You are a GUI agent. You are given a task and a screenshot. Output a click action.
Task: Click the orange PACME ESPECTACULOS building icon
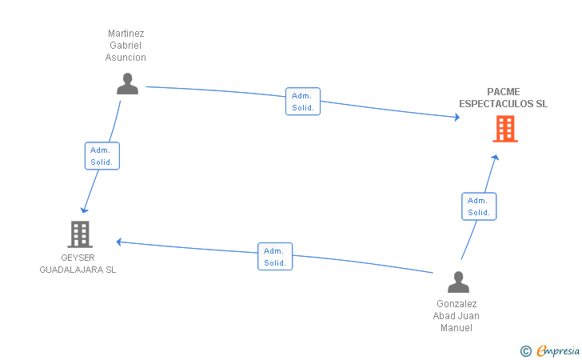(x=505, y=129)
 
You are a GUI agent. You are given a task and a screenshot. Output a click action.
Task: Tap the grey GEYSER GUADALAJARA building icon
(x=80, y=234)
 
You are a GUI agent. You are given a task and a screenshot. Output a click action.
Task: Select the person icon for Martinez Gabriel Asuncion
(x=127, y=83)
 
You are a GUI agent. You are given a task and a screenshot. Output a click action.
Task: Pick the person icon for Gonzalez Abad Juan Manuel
(x=458, y=282)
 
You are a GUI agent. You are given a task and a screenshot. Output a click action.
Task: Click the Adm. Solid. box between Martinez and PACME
(x=303, y=102)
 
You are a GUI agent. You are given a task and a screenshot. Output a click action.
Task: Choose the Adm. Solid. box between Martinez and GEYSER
(x=102, y=156)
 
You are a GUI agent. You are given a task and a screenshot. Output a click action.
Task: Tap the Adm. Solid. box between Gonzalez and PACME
(x=479, y=206)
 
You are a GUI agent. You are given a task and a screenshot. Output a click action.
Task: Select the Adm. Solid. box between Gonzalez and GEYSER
(x=275, y=257)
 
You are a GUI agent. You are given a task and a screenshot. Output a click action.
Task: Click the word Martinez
(x=126, y=34)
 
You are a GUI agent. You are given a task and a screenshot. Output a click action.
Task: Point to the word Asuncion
(x=126, y=58)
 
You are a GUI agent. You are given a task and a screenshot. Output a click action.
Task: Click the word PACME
(x=504, y=92)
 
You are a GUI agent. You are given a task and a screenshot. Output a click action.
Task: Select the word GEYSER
(x=78, y=258)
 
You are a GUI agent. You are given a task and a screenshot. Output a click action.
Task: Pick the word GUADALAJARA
(x=71, y=270)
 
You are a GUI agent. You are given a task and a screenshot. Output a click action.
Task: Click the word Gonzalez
(x=456, y=304)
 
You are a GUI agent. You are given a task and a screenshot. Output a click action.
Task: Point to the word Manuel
(x=456, y=328)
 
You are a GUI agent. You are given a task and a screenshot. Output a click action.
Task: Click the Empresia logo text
(x=558, y=350)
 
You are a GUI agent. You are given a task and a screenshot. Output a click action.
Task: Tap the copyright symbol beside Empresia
(x=526, y=351)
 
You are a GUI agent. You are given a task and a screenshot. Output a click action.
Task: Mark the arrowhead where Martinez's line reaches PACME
(x=457, y=117)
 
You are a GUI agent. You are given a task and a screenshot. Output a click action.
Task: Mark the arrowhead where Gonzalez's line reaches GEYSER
(x=119, y=242)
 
